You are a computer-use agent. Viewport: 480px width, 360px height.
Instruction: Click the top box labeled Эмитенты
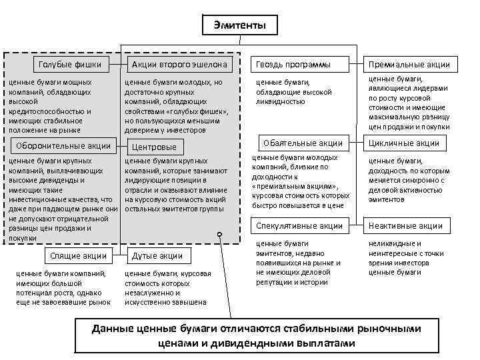tap(240, 25)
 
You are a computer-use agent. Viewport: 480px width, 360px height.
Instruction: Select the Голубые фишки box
tap(71, 65)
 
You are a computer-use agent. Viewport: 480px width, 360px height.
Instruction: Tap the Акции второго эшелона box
tap(180, 65)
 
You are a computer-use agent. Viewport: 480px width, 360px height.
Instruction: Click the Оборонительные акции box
tap(63, 146)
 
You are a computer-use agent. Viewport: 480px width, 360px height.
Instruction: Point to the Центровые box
tap(155, 147)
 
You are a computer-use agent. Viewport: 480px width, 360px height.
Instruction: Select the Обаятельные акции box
tap(303, 143)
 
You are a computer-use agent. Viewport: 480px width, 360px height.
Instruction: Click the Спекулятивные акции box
tap(299, 226)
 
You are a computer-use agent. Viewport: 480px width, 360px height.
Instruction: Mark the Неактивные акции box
tap(406, 226)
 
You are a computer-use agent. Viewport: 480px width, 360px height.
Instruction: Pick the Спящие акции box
tap(78, 256)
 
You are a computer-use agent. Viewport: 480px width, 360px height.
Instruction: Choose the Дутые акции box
tap(158, 256)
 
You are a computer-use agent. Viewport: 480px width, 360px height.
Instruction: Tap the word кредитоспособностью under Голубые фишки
tap(46, 111)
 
